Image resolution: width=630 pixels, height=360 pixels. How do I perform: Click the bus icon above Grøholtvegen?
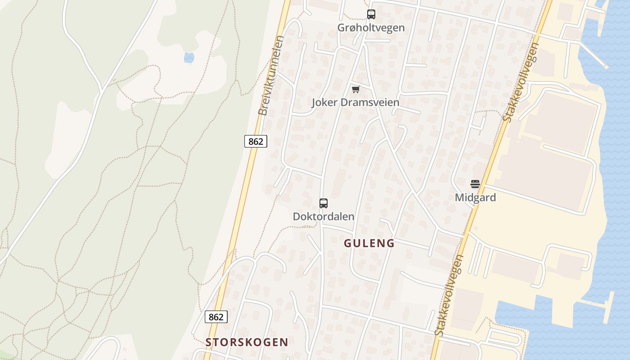(x=371, y=14)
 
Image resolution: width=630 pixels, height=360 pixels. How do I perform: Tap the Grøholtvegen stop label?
(x=371, y=27)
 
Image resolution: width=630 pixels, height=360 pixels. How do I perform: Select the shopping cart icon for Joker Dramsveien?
(x=355, y=89)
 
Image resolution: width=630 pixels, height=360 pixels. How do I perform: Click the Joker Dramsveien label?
(x=355, y=102)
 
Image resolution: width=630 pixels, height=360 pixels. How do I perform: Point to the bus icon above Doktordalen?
(x=323, y=203)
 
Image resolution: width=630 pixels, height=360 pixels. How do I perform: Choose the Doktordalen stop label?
(x=323, y=216)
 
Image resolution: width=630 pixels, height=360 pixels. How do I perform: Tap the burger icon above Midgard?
(x=475, y=184)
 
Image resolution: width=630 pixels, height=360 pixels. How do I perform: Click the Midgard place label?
(x=475, y=198)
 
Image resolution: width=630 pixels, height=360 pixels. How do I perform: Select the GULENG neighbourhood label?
(x=369, y=243)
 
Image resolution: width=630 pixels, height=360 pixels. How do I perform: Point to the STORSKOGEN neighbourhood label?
(x=247, y=342)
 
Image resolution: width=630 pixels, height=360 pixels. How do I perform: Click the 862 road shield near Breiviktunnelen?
(x=256, y=141)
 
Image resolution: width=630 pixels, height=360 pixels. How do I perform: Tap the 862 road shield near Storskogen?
(x=216, y=317)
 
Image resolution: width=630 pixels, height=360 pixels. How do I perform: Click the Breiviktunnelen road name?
(x=270, y=76)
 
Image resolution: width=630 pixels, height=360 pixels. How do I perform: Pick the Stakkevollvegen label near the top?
(x=521, y=82)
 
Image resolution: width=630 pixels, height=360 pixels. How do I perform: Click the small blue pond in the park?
(x=189, y=58)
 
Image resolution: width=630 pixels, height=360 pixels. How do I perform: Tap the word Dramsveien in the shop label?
(x=370, y=102)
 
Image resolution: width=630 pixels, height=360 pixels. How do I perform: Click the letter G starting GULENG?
(x=348, y=243)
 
